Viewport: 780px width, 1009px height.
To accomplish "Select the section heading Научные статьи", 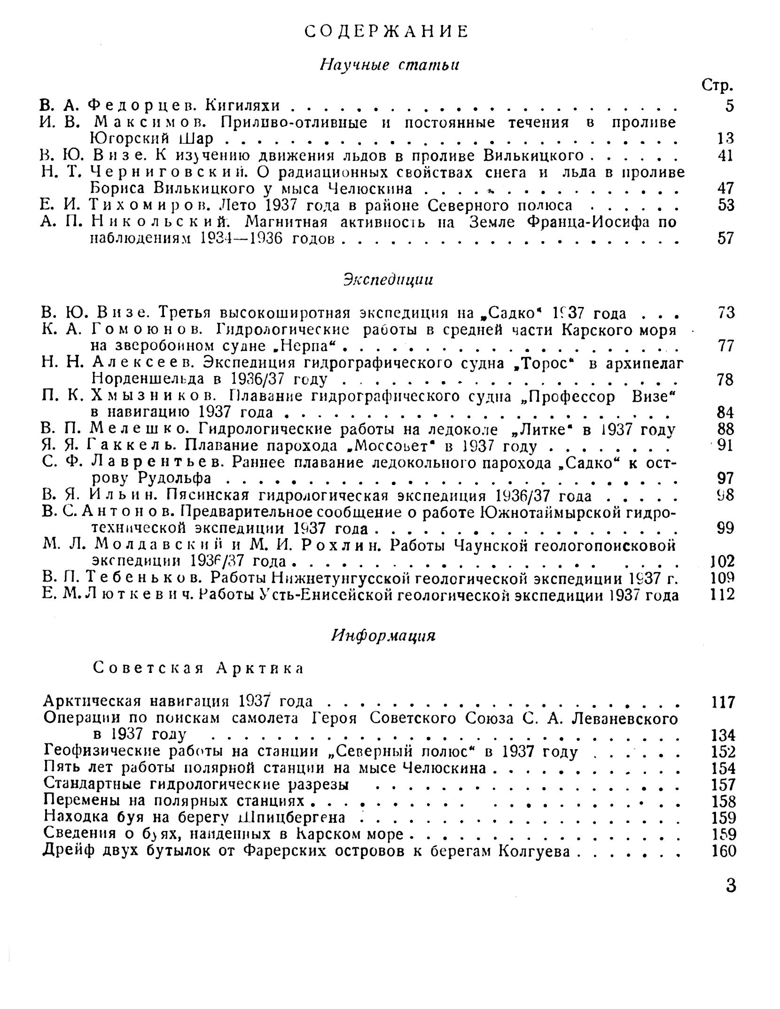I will pyautogui.click(x=389, y=64).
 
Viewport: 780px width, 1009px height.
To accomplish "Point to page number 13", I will pyautogui.click(x=725, y=139).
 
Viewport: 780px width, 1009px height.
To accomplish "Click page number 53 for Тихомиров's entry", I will pyautogui.click(x=725, y=205).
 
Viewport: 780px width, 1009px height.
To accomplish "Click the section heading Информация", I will pyautogui.click(x=383, y=635).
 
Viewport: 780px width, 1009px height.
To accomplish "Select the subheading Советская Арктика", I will pyautogui.click(x=197, y=668).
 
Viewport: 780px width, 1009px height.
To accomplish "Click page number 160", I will pyautogui.click(x=723, y=851).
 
